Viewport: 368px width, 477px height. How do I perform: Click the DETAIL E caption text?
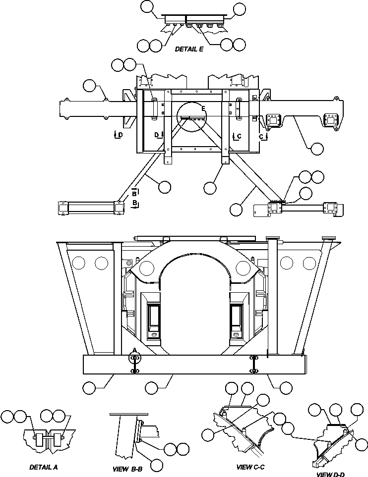189,50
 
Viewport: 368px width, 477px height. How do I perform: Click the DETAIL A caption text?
43,467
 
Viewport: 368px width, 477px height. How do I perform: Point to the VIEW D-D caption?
331,474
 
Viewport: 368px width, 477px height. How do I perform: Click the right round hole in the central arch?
243,268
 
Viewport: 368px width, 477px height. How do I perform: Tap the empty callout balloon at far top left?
147,7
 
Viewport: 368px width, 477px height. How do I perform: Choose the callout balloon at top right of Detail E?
240,8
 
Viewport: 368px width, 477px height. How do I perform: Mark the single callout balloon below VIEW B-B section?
157,464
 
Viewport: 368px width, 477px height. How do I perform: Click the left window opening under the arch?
154,318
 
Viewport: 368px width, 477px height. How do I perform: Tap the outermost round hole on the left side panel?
78,263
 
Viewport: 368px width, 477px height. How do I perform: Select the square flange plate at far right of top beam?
330,120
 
